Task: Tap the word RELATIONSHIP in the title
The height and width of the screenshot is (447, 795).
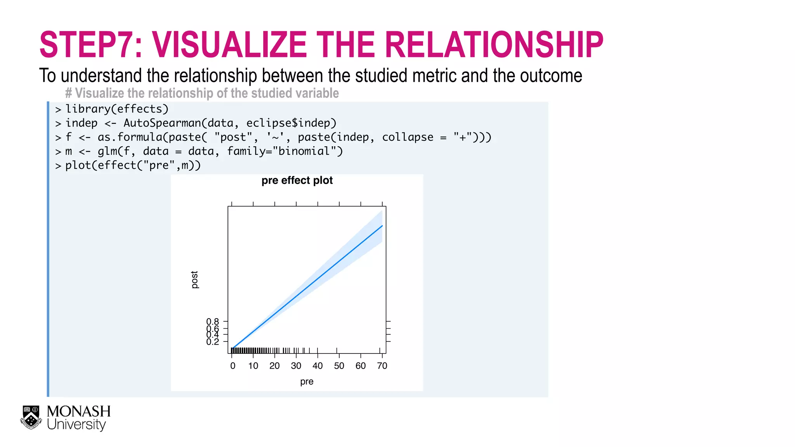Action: [494, 45]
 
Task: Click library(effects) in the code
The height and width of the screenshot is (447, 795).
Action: [117, 109]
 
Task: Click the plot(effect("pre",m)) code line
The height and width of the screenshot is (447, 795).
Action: [133, 165]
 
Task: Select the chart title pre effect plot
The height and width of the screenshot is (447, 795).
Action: [297, 180]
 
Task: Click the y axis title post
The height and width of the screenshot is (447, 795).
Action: [194, 280]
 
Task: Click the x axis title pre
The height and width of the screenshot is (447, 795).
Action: [307, 381]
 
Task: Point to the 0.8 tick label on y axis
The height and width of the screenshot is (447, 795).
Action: [212, 322]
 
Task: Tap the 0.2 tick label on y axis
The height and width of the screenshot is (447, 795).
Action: [212, 342]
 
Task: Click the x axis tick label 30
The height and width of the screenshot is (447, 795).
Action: [296, 366]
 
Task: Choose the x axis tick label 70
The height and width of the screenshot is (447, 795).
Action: [382, 366]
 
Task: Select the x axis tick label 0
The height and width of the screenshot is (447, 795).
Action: [233, 366]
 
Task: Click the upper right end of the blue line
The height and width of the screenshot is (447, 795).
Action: [382, 226]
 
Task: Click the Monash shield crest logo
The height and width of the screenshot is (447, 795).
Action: [31, 418]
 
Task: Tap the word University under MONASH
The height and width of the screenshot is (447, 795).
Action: [76, 424]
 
